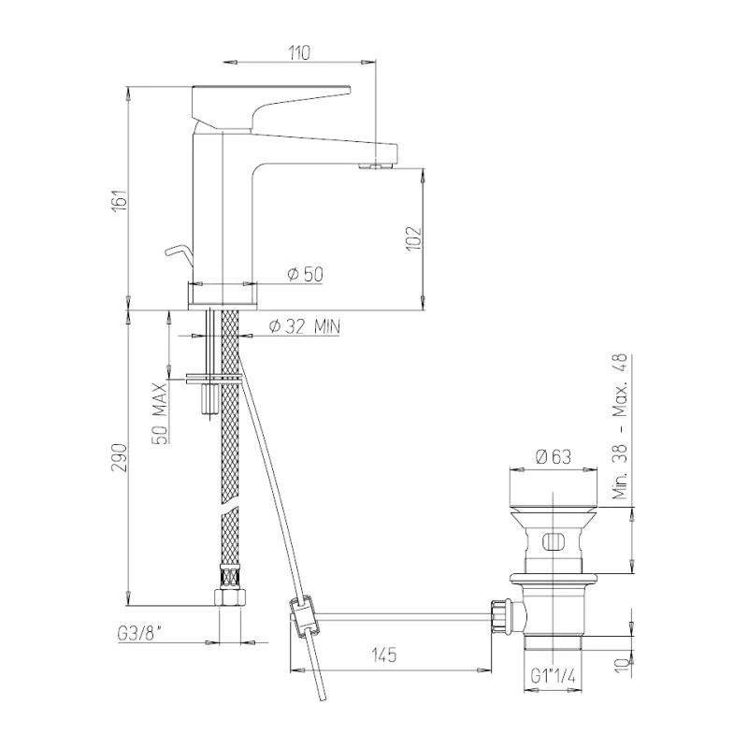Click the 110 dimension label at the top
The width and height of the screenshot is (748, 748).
click(298, 52)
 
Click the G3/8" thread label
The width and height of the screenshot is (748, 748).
click(138, 633)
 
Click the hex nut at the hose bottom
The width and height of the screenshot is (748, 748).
click(228, 598)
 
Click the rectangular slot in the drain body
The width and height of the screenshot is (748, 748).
click(551, 539)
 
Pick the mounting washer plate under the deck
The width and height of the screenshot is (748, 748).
click(214, 379)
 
